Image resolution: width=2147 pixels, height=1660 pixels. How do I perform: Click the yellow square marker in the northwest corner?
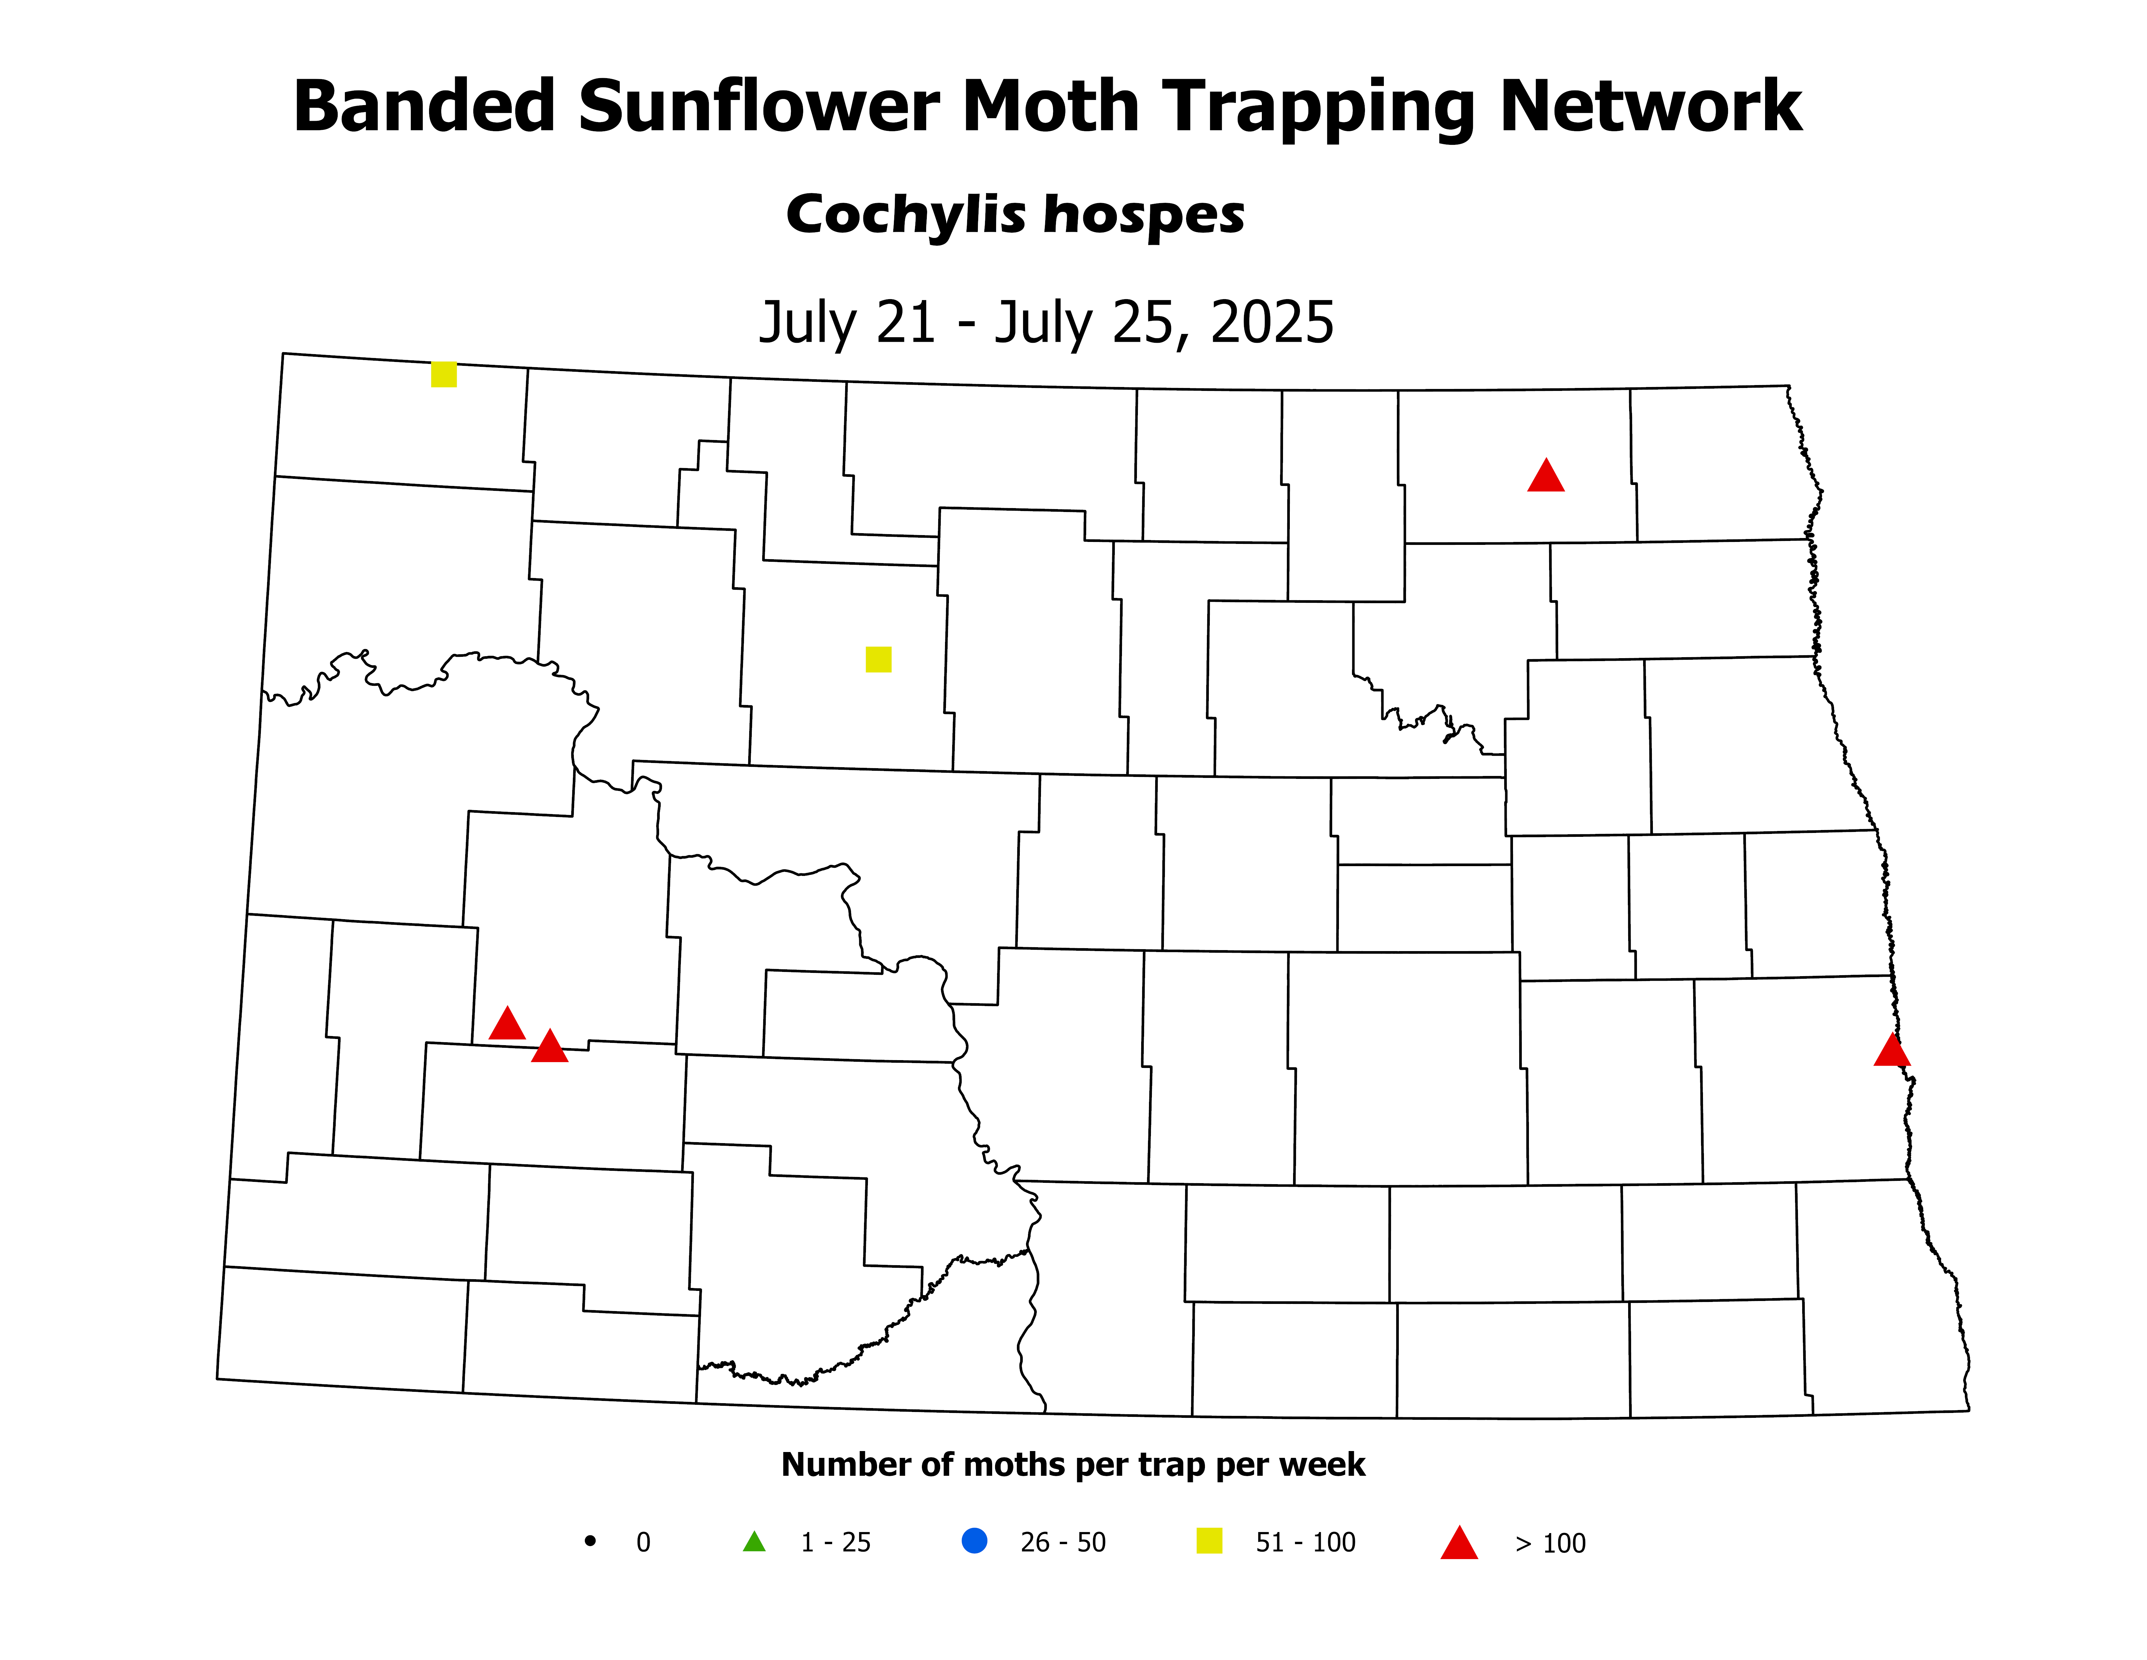point(443,375)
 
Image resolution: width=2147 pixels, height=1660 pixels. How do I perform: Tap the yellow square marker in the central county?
point(878,659)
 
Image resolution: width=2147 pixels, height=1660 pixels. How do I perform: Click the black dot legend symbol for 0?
point(590,1541)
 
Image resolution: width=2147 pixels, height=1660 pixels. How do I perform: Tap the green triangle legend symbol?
point(754,1542)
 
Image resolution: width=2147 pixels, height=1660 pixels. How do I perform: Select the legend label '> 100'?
point(1550,1544)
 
